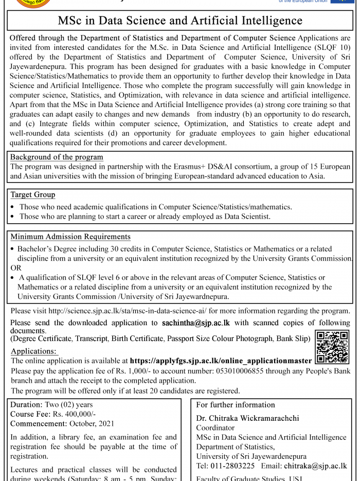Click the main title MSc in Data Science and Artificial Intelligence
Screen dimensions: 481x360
coord(180,21)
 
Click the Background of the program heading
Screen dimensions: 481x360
coord(57,157)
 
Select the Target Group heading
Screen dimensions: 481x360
coord(33,194)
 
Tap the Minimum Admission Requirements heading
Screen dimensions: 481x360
coord(70,237)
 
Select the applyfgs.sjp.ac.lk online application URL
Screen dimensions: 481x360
coord(221,361)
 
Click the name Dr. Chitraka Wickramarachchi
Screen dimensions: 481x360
coord(247,418)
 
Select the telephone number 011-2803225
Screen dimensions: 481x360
coord(232,466)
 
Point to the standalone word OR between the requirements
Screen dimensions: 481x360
coord(16,268)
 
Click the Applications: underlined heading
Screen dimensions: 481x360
coord(33,351)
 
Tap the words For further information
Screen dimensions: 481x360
coord(236,405)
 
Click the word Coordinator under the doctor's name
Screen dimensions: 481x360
coord(215,427)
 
